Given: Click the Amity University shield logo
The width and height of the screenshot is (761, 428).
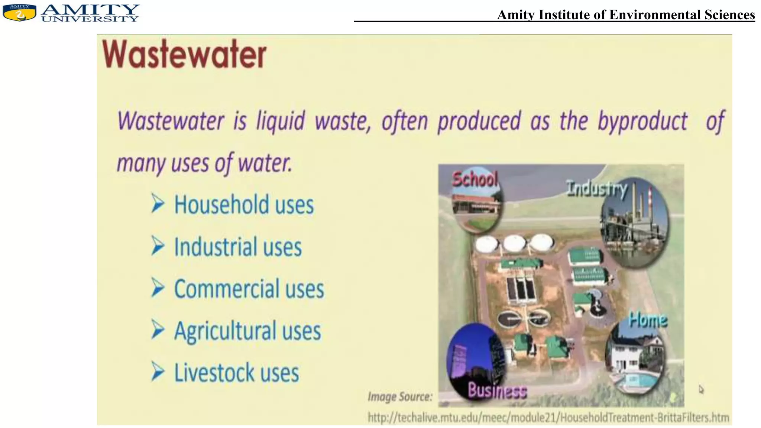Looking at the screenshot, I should tap(19, 12).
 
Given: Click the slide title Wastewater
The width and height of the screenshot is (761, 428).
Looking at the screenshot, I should tap(184, 55).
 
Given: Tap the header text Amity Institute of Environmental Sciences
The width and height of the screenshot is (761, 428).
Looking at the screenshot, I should tap(626, 15).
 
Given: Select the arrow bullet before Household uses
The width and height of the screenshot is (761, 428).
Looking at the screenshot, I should tap(158, 204).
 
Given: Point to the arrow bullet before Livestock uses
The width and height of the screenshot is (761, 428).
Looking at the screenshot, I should tap(158, 372).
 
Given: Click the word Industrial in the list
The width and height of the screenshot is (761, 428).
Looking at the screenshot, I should tap(216, 247).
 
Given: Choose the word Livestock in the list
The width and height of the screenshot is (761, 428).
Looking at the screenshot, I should tap(214, 373).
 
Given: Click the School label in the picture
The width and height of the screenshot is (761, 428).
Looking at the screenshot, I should tap(475, 180).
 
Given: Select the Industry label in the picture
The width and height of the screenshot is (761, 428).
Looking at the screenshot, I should tap(596, 189).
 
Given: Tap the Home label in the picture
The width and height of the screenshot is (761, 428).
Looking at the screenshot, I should tap(648, 320).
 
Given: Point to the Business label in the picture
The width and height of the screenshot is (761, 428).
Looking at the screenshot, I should tap(497, 391).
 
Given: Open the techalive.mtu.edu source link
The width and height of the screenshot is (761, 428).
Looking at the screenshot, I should tap(548, 418).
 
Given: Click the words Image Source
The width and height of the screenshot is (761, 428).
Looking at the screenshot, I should tap(400, 397).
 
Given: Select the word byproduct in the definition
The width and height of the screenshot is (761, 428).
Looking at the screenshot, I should tap(642, 121).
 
